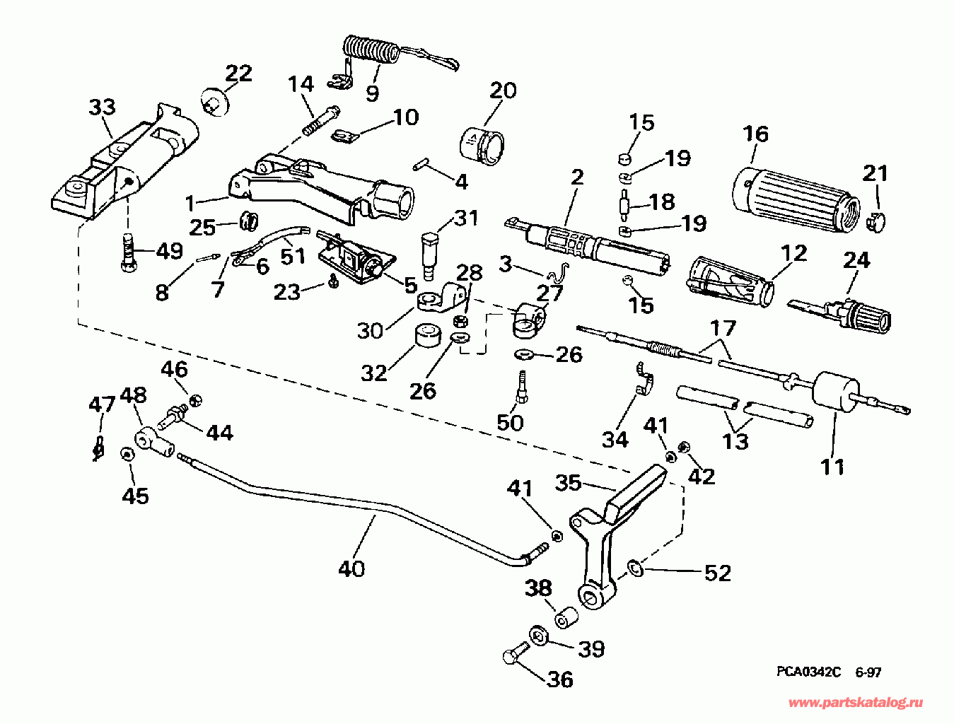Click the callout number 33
(x=102, y=107)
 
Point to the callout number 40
(x=351, y=568)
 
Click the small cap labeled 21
(x=876, y=220)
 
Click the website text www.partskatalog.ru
(x=855, y=703)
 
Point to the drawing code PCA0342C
(x=808, y=672)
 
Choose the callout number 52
(x=717, y=572)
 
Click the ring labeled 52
(x=634, y=566)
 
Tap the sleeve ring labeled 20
(x=483, y=145)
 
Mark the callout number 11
(x=832, y=467)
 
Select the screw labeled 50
(x=522, y=386)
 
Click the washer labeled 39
(x=539, y=634)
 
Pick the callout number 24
(x=856, y=260)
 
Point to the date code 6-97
(x=868, y=672)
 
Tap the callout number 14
(x=301, y=84)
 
